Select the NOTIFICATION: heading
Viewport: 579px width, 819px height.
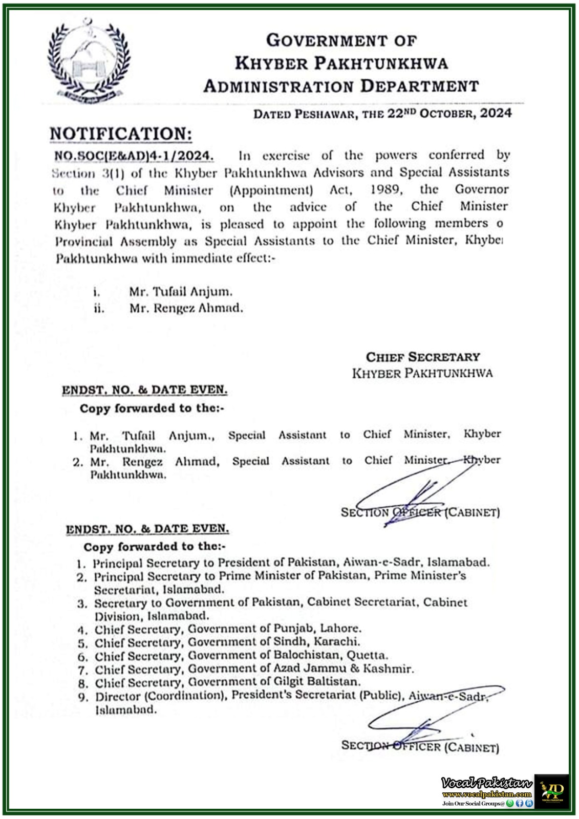(121, 134)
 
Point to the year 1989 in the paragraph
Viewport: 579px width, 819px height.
(385, 189)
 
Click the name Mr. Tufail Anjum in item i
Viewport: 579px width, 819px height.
(180, 292)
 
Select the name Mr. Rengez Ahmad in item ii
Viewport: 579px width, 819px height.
(186, 308)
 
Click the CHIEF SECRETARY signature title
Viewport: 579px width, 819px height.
(422, 357)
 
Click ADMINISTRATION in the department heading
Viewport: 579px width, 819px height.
(278, 86)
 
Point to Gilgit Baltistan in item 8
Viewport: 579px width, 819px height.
(326, 681)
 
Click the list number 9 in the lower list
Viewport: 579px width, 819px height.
(83, 697)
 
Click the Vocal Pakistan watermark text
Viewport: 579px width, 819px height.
(486, 783)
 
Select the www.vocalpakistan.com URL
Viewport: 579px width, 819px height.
(486, 794)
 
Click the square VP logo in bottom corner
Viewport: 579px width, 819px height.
(552, 791)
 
